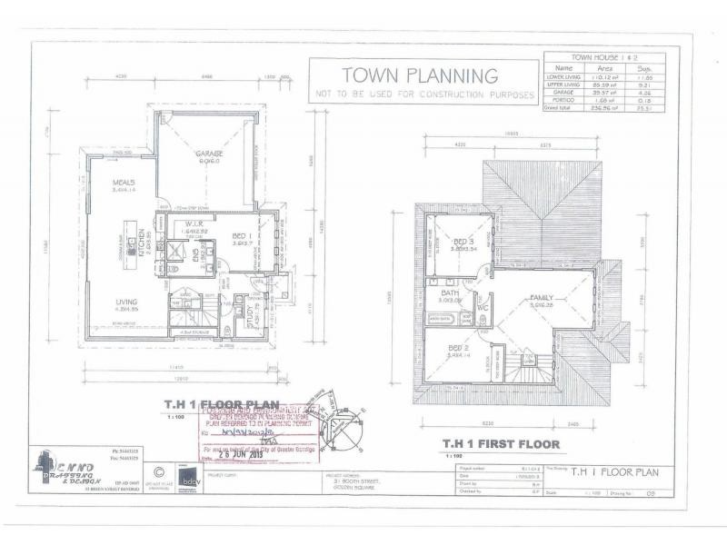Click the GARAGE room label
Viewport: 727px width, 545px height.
click(x=209, y=154)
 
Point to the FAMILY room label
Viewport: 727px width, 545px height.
click(x=543, y=299)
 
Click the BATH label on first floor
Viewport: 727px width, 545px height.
click(x=451, y=293)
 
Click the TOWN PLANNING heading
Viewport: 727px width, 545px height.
click(x=419, y=75)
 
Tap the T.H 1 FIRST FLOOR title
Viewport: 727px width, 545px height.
click(x=501, y=444)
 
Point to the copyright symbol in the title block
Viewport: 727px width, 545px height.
click(x=159, y=471)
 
